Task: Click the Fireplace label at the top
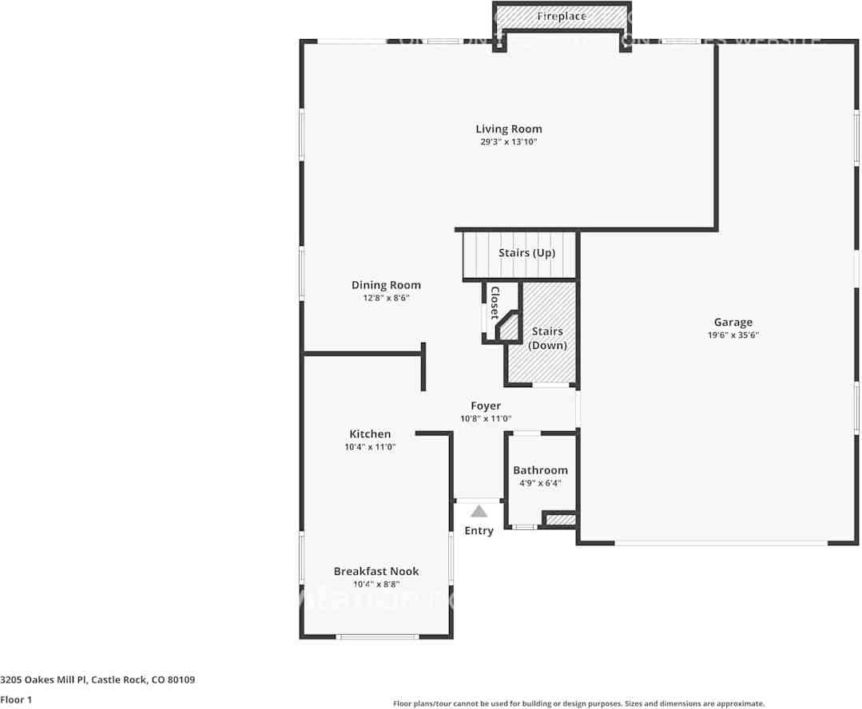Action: pyautogui.click(x=561, y=16)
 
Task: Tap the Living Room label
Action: pyautogui.click(x=508, y=129)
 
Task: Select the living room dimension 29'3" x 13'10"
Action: pyautogui.click(x=508, y=142)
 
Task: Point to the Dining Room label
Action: pyautogui.click(x=386, y=285)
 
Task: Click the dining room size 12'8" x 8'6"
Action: pyautogui.click(x=386, y=298)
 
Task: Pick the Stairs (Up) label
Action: pyautogui.click(x=526, y=253)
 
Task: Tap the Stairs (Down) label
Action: pyautogui.click(x=547, y=339)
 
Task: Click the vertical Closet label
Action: pyautogui.click(x=495, y=303)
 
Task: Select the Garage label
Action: pyautogui.click(x=733, y=323)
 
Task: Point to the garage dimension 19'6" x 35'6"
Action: pyautogui.click(x=733, y=335)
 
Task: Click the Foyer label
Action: pyautogui.click(x=485, y=406)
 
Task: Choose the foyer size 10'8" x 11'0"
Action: pyautogui.click(x=485, y=418)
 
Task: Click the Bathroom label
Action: pyautogui.click(x=540, y=470)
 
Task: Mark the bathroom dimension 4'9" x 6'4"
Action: pyautogui.click(x=540, y=482)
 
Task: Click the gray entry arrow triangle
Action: pyautogui.click(x=479, y=512)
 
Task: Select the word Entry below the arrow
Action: pyautogui.click(x=479, y=531)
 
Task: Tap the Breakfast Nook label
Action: pyautogui.click(x=375, y=571)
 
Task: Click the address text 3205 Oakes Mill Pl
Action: pyautogui.click(x=44, y=680)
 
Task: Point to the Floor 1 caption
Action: pyautogui.click(x=16, y=700)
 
